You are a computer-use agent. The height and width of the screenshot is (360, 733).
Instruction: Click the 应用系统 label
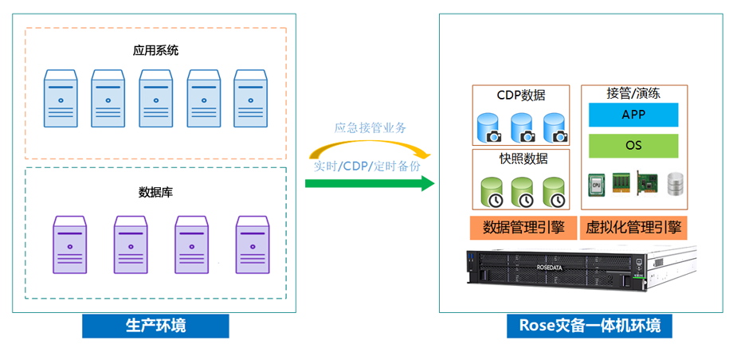156,50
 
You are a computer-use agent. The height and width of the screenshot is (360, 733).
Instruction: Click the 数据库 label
156,191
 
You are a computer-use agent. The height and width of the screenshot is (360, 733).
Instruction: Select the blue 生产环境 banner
155,325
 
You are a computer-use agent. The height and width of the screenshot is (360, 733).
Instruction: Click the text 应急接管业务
370,127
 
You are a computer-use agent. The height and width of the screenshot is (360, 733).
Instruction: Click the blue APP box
633,115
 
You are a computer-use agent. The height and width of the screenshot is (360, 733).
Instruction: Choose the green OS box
633,147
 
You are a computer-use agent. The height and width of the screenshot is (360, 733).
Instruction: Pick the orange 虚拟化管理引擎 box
633,227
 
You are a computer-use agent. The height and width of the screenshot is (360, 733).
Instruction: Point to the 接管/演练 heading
633,93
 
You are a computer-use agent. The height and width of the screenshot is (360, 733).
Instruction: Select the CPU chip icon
595,185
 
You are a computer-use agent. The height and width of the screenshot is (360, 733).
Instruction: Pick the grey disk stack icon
676,185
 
